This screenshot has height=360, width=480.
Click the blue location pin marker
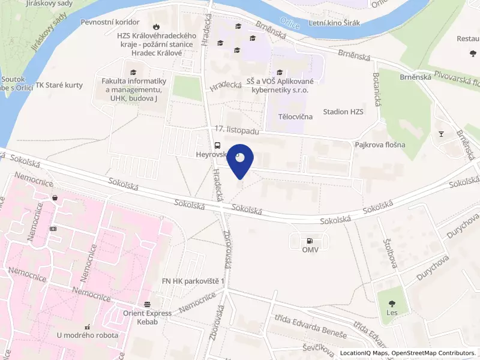click(x=240, y=160)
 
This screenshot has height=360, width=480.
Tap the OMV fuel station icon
click(x=310, y=239)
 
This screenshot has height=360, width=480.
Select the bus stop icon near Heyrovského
click(x=217, y=145)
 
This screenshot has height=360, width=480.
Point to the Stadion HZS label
click(x=343, y=112)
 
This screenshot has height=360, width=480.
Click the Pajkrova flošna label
click(x=380, y=145)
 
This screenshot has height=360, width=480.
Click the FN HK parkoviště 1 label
click(x=193, y=281)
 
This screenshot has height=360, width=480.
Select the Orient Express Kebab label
click(x=148, y=317)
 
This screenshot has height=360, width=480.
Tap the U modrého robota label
click(x=88, y=335)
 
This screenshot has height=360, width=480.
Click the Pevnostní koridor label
click(x=113, y=22)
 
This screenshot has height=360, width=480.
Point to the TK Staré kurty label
click(x=59, y=85)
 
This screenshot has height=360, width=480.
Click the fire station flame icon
click(x=157, y=26)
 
